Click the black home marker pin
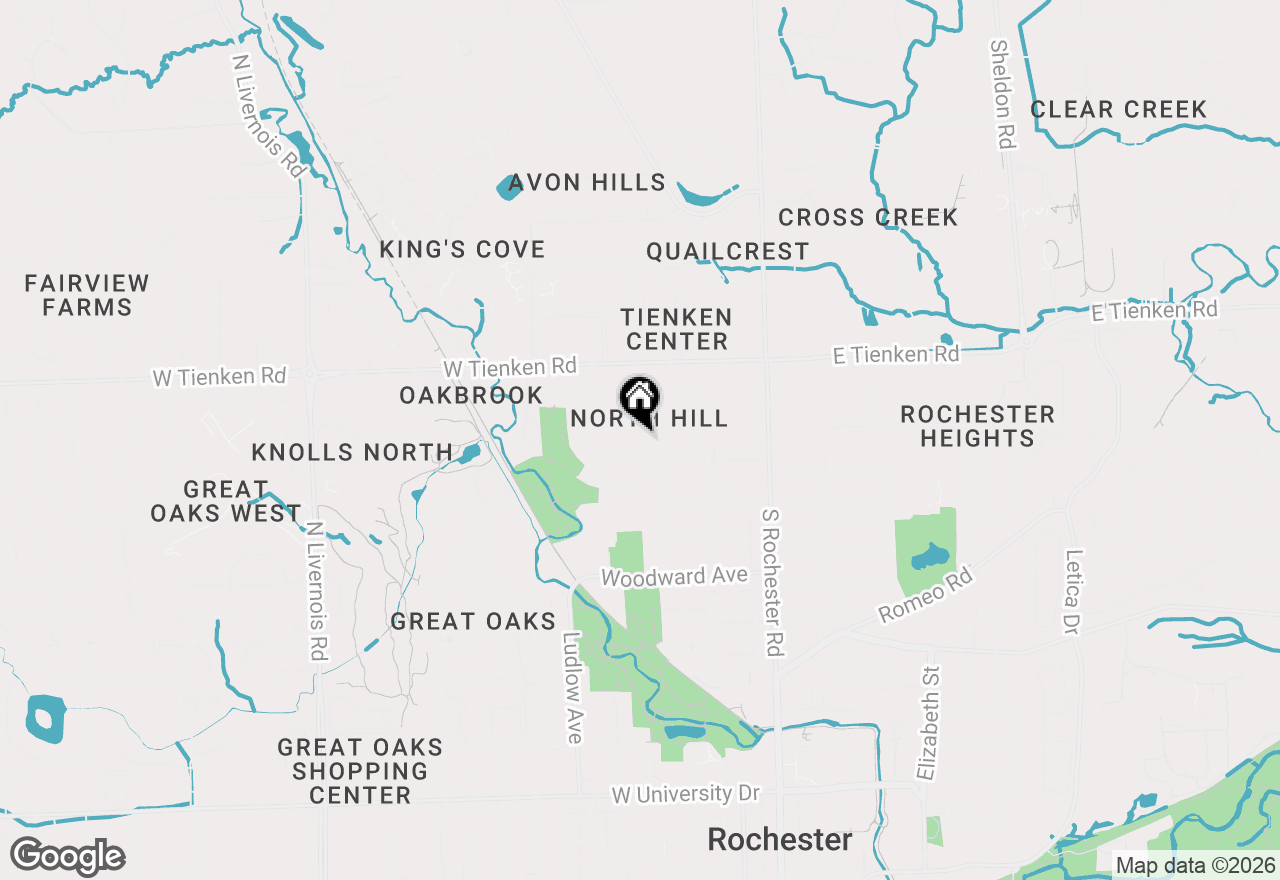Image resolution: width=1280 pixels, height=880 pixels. [x=639, y=401]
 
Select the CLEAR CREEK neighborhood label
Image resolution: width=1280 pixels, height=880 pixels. [x=1118, y=110]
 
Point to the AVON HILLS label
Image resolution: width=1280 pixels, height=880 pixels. [x=586, y=183]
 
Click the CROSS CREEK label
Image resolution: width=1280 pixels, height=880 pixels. [x=867, y=217]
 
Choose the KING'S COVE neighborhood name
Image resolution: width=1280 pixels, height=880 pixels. [x=462, y=249]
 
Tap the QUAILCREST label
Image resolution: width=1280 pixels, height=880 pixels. [x=727, y=251]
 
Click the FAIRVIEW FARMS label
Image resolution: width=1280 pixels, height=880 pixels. [x=87, y=295]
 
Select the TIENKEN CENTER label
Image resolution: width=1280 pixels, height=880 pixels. [x=676, y=329]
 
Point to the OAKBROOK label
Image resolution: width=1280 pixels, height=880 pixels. [x=471, y=395]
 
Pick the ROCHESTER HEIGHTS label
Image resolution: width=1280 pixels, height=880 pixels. [x=977, y=426]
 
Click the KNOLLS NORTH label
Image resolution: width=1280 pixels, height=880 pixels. [x=352, y=452]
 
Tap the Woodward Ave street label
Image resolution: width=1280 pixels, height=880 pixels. [x=674, y=577]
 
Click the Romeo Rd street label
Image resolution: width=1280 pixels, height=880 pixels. [x=926, y=595]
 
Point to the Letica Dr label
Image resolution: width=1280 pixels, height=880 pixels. [x=1073, y=591]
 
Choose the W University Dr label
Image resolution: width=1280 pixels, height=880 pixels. [x=685, y=794]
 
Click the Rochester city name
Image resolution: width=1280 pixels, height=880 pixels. [x=780, y=840]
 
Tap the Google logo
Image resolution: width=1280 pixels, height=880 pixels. [x=67, y=857]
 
